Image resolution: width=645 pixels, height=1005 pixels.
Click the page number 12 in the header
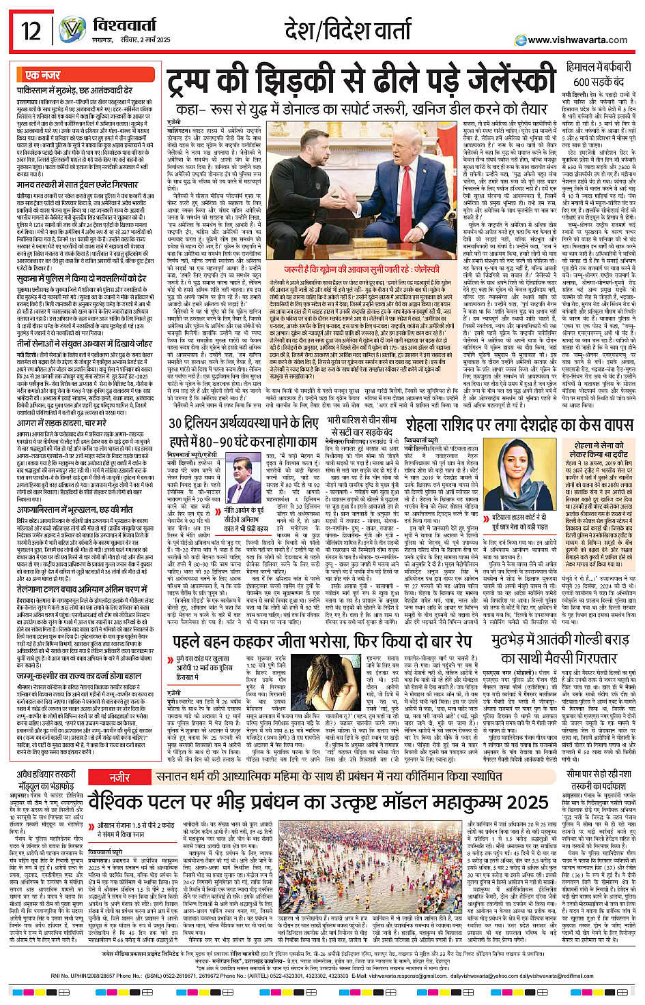point(31,31)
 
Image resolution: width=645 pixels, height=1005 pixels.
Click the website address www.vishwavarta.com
point(577,40)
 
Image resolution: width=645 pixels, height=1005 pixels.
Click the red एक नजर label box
point(43,75)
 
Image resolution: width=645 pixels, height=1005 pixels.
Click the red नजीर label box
point(120,777)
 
